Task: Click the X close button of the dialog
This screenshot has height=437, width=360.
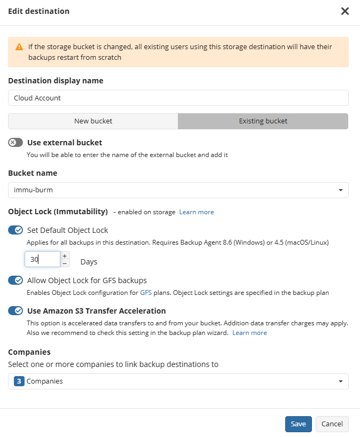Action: click(x=345, y=11)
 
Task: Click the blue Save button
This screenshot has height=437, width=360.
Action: click(x=298, y=424)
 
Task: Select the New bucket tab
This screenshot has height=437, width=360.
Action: click(x=93, y=121)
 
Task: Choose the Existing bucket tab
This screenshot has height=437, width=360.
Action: click(x=263, y=121)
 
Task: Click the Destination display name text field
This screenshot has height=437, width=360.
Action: click(x=178, y=98)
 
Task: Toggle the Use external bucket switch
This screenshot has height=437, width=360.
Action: click(x=15, y=143)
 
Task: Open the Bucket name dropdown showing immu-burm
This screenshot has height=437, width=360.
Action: click(x=178, y=190)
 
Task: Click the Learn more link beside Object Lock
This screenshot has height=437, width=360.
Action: click(x=197, y=212)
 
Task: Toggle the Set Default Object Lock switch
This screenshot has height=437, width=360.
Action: click(x=15, y=230)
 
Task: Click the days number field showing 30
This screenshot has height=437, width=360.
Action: click(x=42, y=259)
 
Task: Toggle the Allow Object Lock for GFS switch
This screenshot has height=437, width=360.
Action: click(x=15, y=280)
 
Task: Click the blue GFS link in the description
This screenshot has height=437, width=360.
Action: click(x=146, y=293)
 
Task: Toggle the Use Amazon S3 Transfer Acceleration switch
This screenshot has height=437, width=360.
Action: click(x=15, y=311)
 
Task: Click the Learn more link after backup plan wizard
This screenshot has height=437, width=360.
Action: click(x=249, y=333)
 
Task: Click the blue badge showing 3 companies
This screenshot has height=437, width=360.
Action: click(x=19, y=381)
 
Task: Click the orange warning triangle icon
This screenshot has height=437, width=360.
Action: click(x=19, y=47)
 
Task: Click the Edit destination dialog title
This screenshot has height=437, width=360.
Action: click(x=38, y=11)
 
